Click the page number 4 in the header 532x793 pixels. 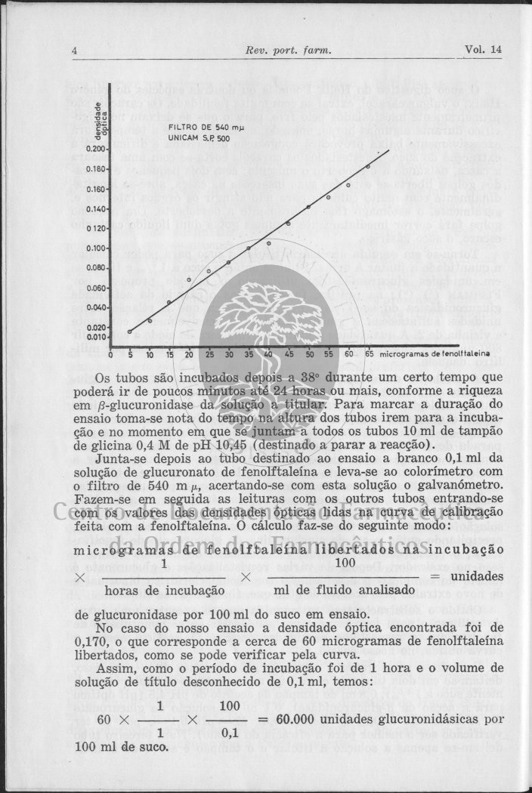coord(76,51)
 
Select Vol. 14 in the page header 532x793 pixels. coord(484,51)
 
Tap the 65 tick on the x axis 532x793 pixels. coord(369,353)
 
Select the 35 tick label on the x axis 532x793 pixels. coord(249,353)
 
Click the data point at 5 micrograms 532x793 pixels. coord(130,332)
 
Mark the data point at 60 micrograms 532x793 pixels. coord(348,185)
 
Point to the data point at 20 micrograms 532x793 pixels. coord(189,279)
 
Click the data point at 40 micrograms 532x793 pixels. coord(268,243)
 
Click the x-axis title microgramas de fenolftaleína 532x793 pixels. coord(435,353)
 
